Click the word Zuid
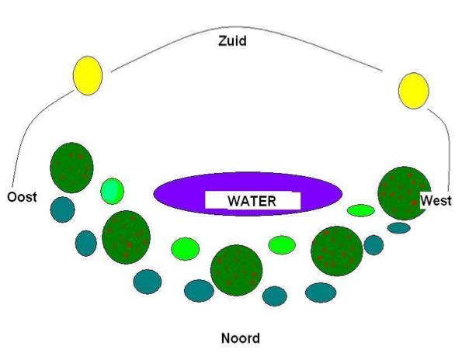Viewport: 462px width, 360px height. click(x=232, y=41)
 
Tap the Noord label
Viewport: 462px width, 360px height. click(x=241, y=338)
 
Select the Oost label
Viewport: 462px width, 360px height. click(x=22, y=197)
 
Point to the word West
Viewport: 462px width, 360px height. click(x=436, y=200)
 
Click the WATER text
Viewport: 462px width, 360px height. click(x=252, y=201)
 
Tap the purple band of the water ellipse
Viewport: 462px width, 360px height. click(x=177, y=194)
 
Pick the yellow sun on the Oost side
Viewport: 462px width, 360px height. click(x=88, y=75)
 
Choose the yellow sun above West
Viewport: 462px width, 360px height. click(x=413, y=90)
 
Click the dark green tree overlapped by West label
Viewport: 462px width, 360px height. click(x=402, y=193)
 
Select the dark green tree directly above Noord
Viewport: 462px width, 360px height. click(x=236, y=270)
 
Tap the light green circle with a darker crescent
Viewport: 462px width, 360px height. click(x=112, y=191)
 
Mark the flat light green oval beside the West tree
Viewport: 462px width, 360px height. click(x=360, y=210)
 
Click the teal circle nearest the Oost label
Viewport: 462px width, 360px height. click(x=62, y=209)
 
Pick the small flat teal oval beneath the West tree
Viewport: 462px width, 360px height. click(x=398, y=228)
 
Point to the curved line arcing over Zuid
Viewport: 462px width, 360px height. click(x=248, y=27)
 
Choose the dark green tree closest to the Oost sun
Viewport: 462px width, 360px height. click(x=71, y=168)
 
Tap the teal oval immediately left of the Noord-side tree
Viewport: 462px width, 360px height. click(x=199, y=291)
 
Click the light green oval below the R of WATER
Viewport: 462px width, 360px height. click(x=282, y=245)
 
